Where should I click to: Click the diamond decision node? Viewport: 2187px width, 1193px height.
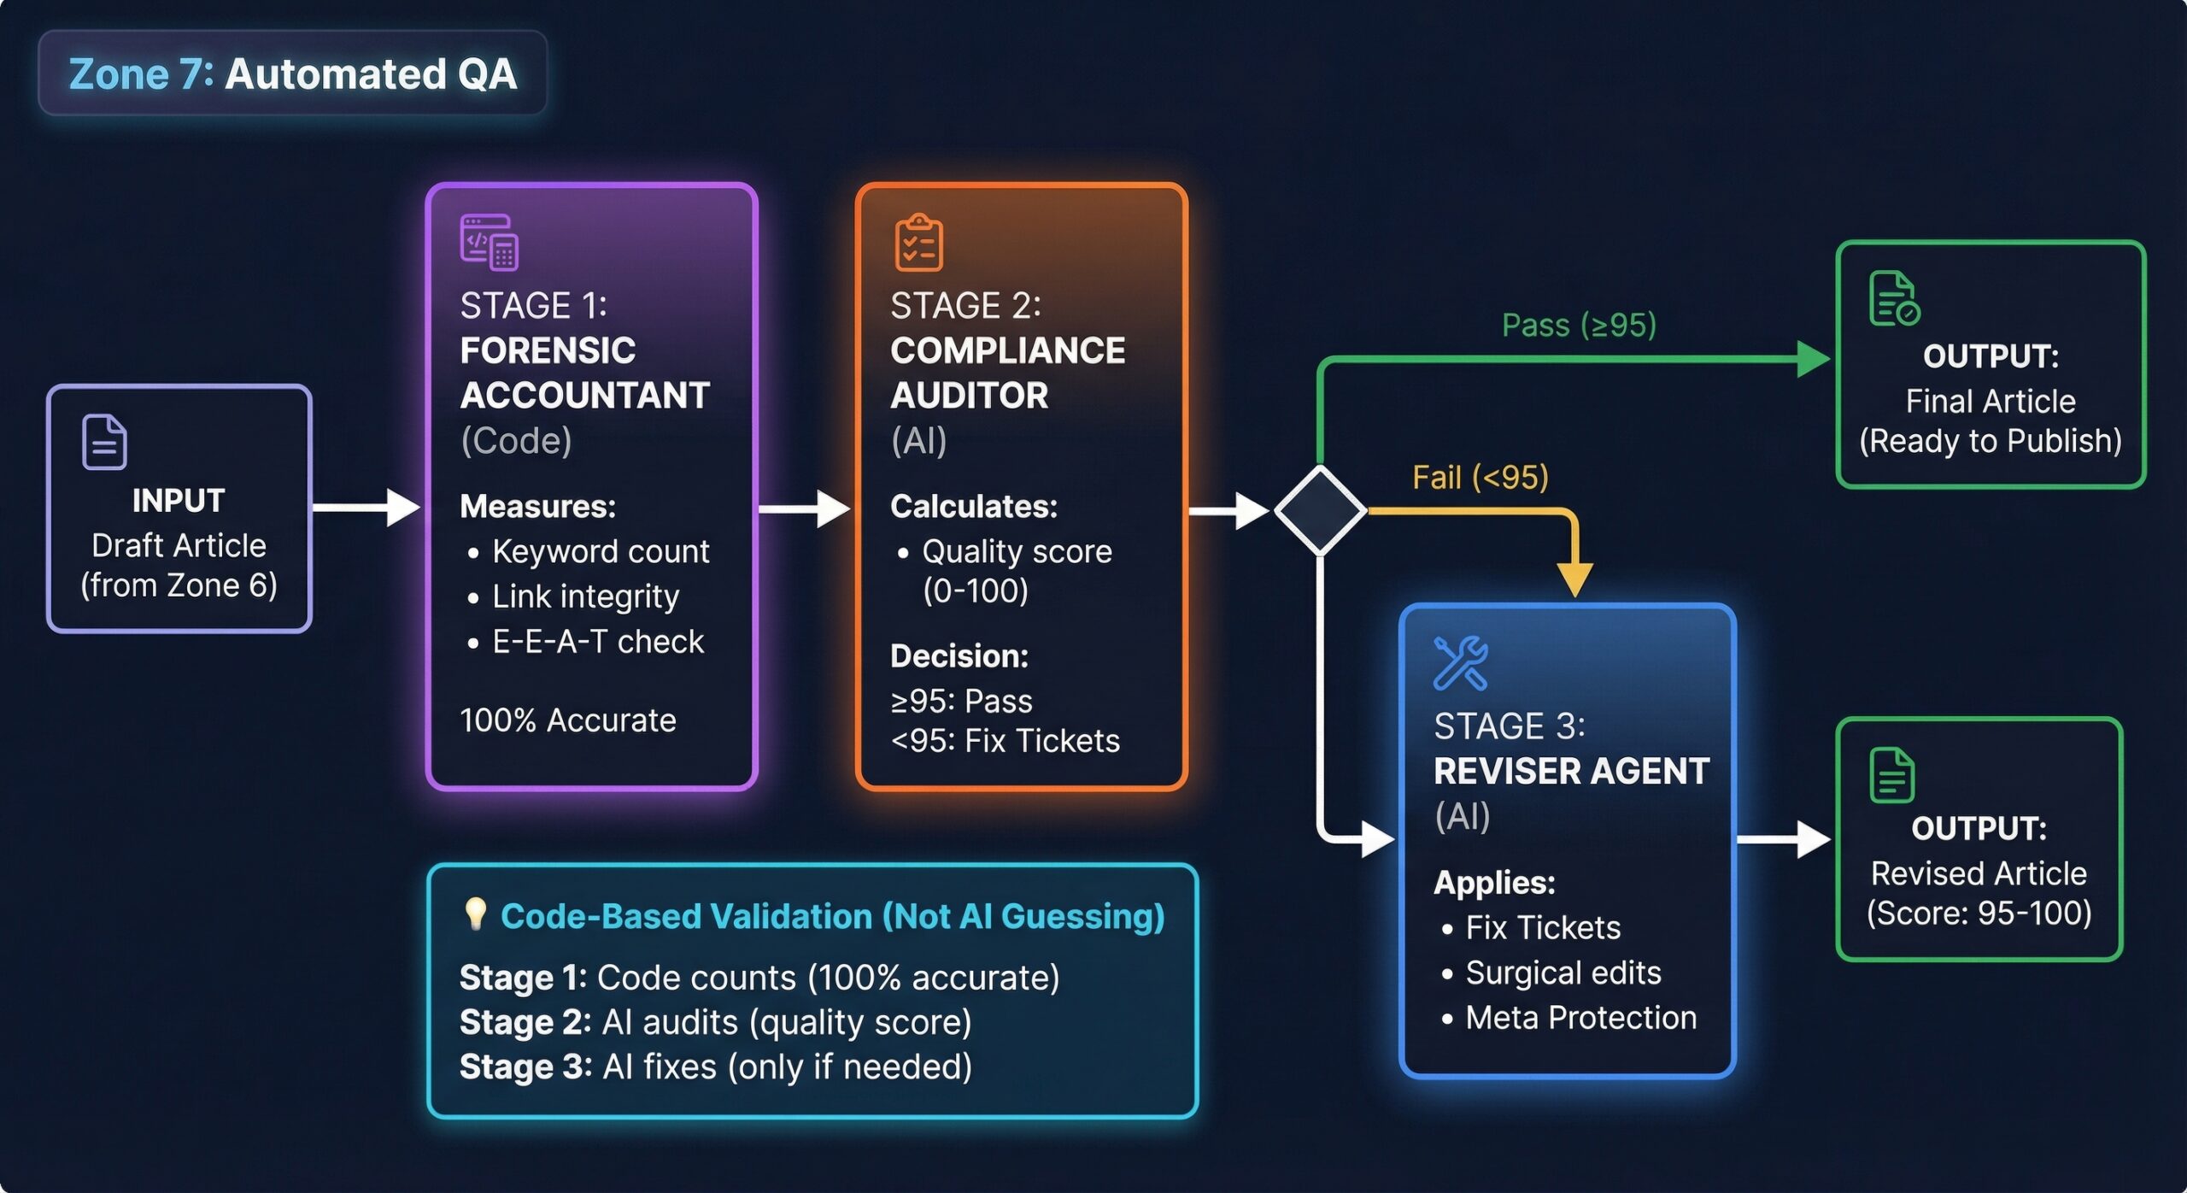(1320, 510)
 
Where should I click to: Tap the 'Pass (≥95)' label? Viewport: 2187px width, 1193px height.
(1579, 326)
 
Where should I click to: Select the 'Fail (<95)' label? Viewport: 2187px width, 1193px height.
(1480, 478)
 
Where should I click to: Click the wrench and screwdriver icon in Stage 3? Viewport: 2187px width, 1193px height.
(1460, 663)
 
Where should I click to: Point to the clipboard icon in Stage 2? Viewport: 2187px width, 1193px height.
(918, 244)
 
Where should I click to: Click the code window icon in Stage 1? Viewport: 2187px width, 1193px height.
(489, 242)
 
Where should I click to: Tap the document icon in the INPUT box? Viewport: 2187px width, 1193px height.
(104, 442)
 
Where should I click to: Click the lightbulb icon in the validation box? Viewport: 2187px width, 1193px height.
(475, 914)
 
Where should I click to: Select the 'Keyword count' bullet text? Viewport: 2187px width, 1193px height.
(601, 552)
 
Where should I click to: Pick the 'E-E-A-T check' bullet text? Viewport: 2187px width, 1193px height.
(598, 642)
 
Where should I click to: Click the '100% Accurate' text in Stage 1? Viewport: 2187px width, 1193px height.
(568, 720)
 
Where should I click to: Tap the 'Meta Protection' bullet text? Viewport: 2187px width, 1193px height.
(1580, 1018)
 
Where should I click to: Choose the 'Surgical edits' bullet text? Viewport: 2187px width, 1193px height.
(1563, 973)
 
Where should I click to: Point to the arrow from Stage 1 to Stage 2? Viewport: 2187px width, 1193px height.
(804, 509)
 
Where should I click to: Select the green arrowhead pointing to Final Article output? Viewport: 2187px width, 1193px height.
(1813, 359)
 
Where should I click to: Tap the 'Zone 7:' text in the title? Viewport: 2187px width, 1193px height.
(141, 74)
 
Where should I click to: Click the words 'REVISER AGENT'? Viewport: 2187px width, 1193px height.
(1571, 771)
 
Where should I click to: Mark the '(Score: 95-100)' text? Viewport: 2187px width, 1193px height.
(1979, 914)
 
